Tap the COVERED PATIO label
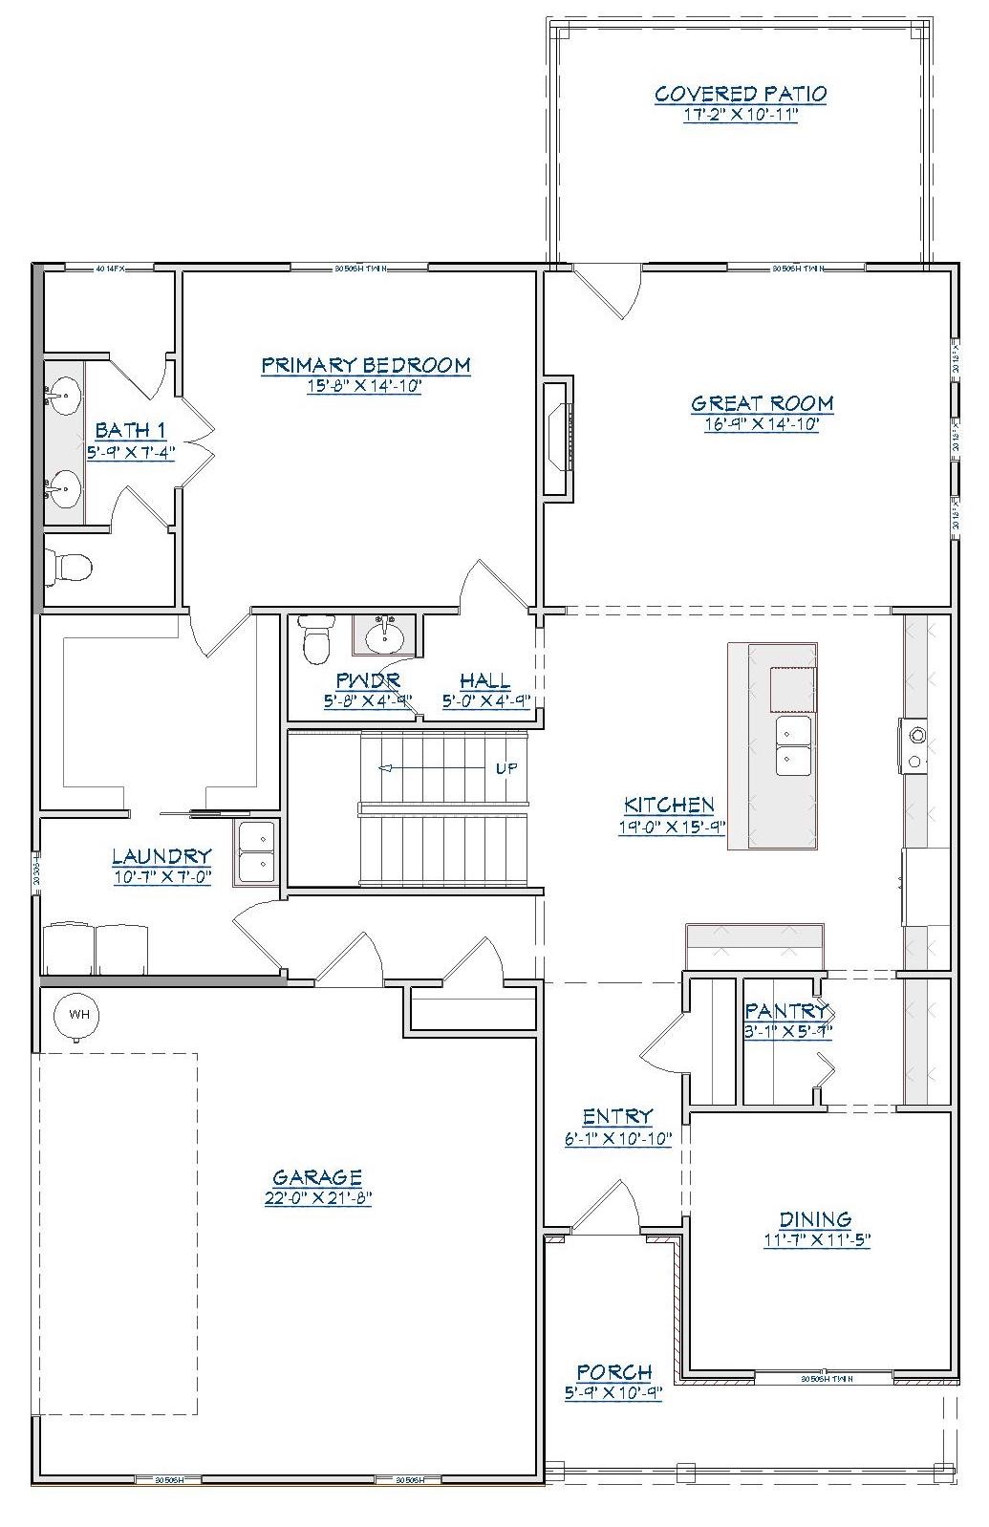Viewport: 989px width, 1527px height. click(741, 94)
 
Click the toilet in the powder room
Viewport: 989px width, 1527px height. click(316, 638)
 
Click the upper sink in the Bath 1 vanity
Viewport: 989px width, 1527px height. click(64, 394)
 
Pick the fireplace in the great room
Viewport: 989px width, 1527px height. click(558, 438)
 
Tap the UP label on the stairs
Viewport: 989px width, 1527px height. click(506, 768)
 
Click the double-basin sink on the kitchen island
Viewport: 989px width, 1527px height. click(793, 745)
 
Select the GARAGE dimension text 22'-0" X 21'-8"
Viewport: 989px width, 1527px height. click(317, 1198)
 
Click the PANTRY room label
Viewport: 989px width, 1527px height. click(785, 1010)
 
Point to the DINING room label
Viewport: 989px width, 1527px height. click(815, 1219)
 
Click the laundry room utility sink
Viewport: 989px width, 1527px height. click(256, 852)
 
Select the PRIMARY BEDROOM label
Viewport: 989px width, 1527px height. click(366, 365)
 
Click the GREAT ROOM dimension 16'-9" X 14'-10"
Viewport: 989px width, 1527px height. click(762, 424)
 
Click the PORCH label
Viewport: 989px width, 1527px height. click(613, 1372)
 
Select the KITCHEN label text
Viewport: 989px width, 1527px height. click(669, 805)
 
